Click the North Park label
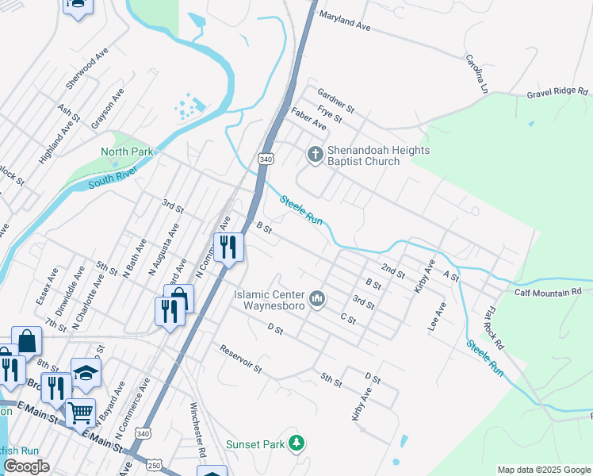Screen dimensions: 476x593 click(x=126, y=152)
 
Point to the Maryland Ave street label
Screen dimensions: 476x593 click(x=345, y=21)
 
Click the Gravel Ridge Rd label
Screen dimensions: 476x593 click(x=558, y=93)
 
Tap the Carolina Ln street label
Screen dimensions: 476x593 click(x=475, y=73)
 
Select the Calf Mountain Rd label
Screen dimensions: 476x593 click(x=548, y=292)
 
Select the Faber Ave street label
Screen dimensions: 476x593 click(x=308, y=119)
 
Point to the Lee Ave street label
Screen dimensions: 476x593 click(x=437, y=317)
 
